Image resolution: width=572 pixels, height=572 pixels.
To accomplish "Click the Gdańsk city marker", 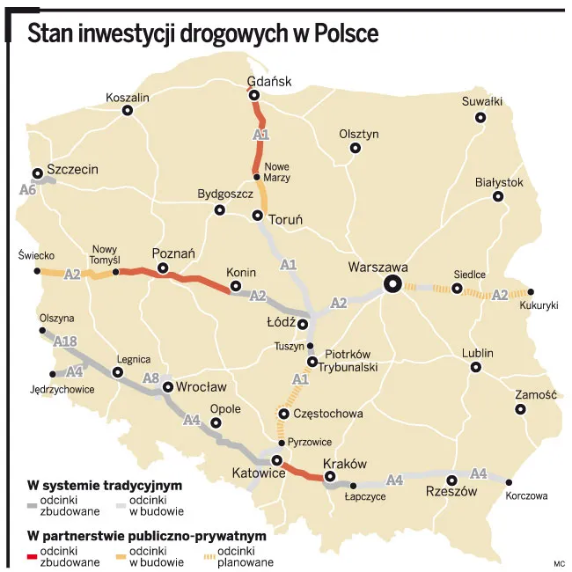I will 253,96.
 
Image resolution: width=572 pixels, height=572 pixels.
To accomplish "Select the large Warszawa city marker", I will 392,283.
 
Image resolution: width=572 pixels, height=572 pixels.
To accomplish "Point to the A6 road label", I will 28,189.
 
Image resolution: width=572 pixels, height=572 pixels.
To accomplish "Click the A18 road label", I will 65,341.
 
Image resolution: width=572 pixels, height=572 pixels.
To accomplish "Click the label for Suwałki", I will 481,101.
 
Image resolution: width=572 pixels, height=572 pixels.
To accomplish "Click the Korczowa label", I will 527,496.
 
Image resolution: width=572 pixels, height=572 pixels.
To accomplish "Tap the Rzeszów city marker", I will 451,480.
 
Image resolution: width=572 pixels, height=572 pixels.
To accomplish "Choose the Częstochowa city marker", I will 283,414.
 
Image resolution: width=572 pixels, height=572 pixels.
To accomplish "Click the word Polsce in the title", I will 345,34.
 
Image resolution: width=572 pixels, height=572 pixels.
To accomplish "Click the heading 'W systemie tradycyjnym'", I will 105,486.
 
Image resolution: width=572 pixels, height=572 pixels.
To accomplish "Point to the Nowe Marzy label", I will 277,172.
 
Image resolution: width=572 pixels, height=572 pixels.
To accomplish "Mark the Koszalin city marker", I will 128,111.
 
